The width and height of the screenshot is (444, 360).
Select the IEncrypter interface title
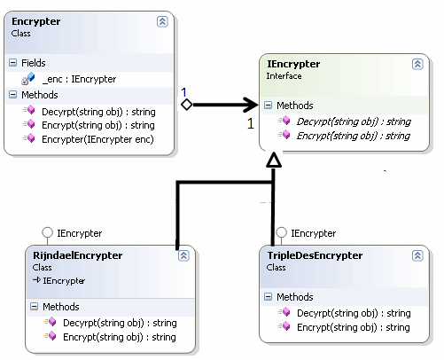point(293,64)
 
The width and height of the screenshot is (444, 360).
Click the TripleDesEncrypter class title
point(314,255)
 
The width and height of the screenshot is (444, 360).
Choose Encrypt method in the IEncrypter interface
point(352,136)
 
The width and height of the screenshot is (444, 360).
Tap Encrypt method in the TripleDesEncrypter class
point(353,327)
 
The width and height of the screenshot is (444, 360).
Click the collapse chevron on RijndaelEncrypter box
point(183,255)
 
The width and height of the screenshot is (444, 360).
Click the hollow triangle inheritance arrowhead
point(273,160)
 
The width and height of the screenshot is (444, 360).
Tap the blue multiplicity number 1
point(183,91)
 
